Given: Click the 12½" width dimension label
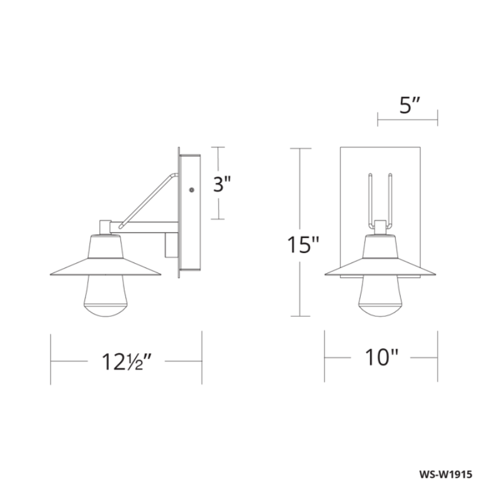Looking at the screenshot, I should (x=127, y=361).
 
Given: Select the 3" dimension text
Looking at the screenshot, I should (x=222, y=184).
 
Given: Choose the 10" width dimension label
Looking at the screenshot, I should (x=381, y=358).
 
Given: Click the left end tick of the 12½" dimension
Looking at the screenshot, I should (x=51, y=361).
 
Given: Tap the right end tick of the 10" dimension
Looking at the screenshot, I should (x=437, y=358).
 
